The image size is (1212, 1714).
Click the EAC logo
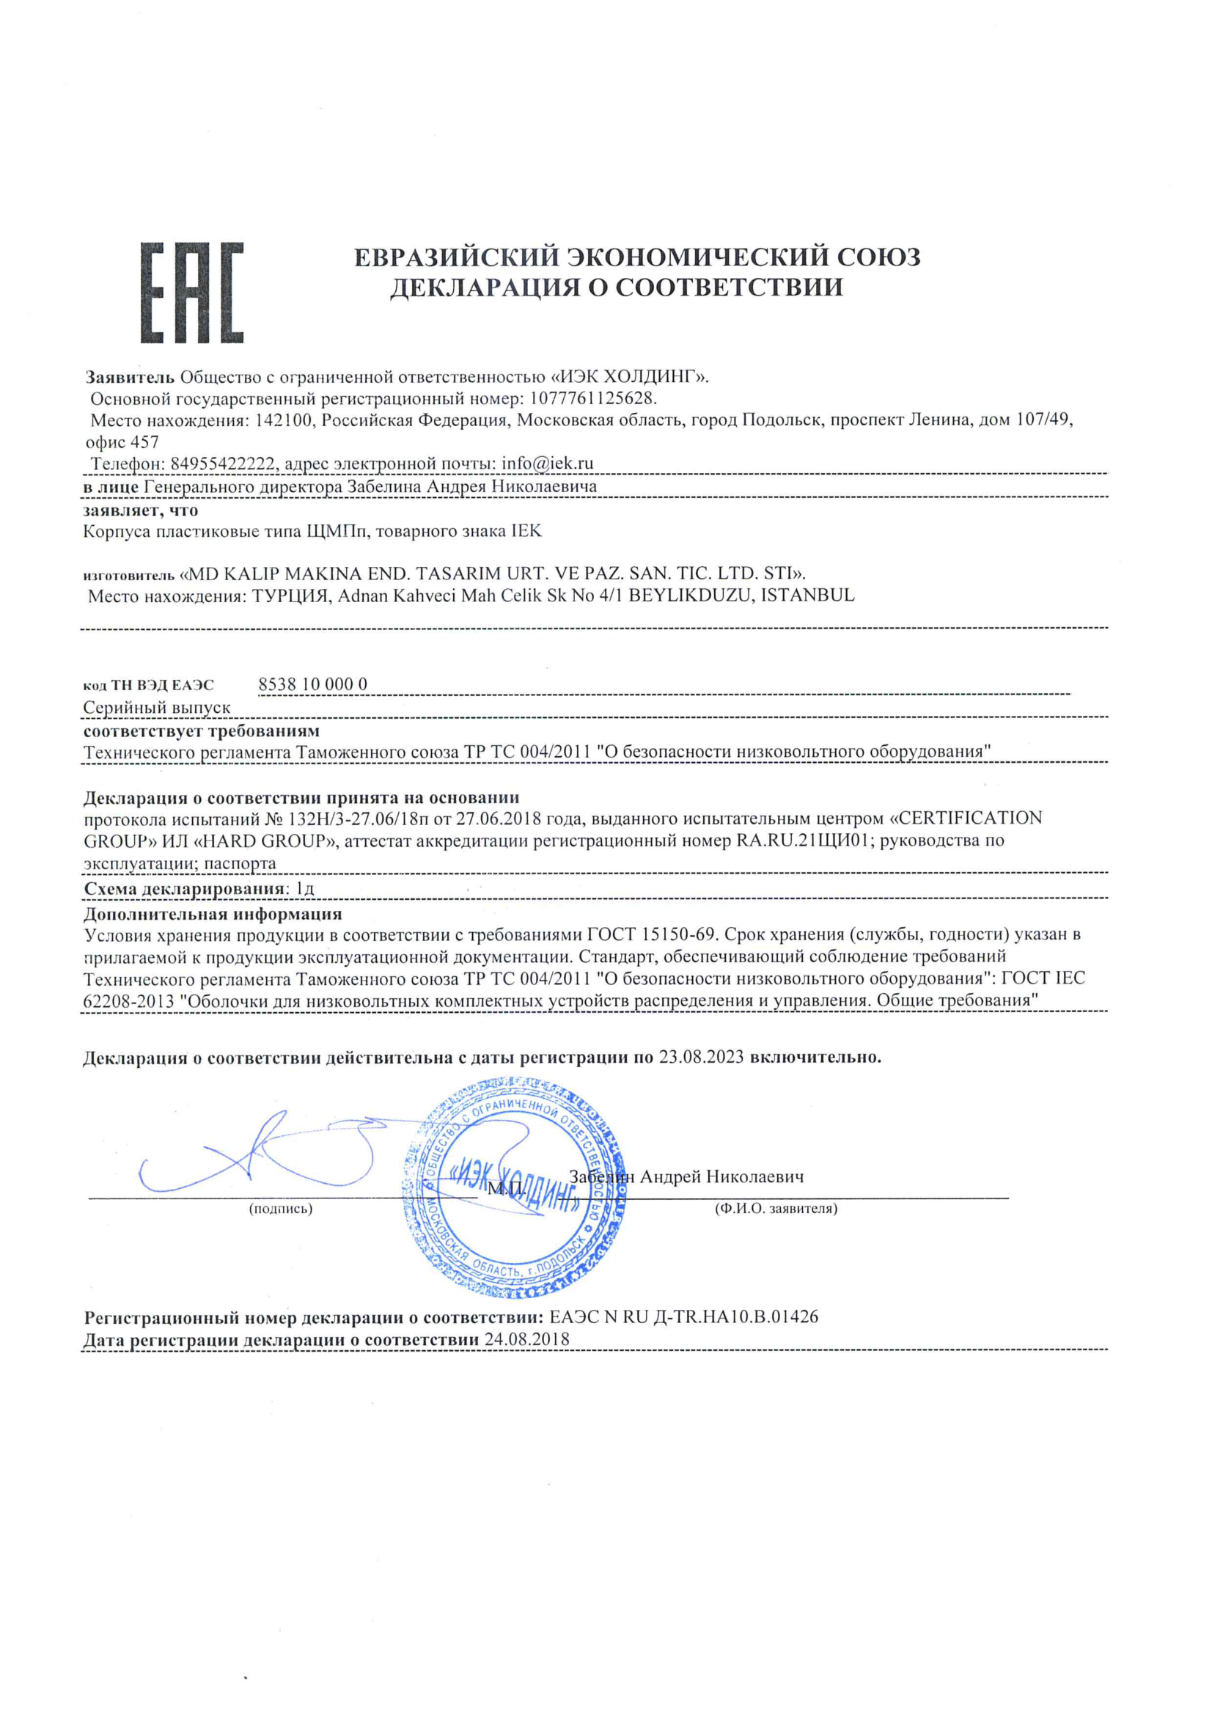tap(193, 292)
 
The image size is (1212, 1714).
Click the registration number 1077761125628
tap(592, 398)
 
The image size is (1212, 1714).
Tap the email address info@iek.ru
tap(547, 464)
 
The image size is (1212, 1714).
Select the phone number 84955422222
tap(222, 464)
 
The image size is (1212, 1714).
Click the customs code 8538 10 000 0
tap(312, 684)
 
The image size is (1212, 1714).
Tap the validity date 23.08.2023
tap(701, 1057)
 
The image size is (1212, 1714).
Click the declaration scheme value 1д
tap(304, 889)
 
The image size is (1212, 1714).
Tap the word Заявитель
tap(130, 376)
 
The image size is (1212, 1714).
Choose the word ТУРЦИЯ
tap(290, 596)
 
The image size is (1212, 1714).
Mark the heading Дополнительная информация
tap(213, 913)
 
